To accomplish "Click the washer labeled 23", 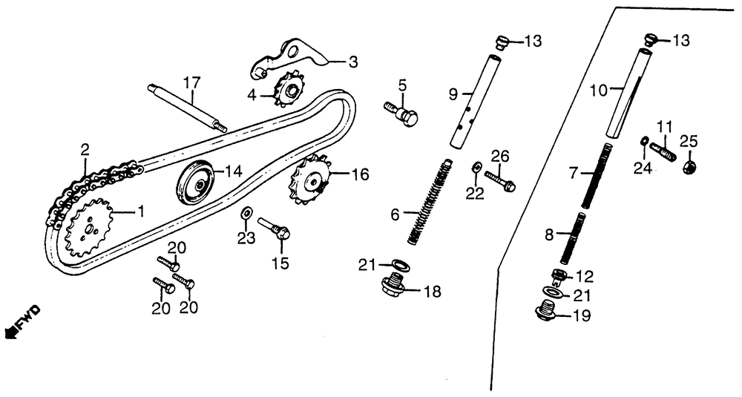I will click(x=244, y=214).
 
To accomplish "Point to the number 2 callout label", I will click(x=85, y=149).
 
